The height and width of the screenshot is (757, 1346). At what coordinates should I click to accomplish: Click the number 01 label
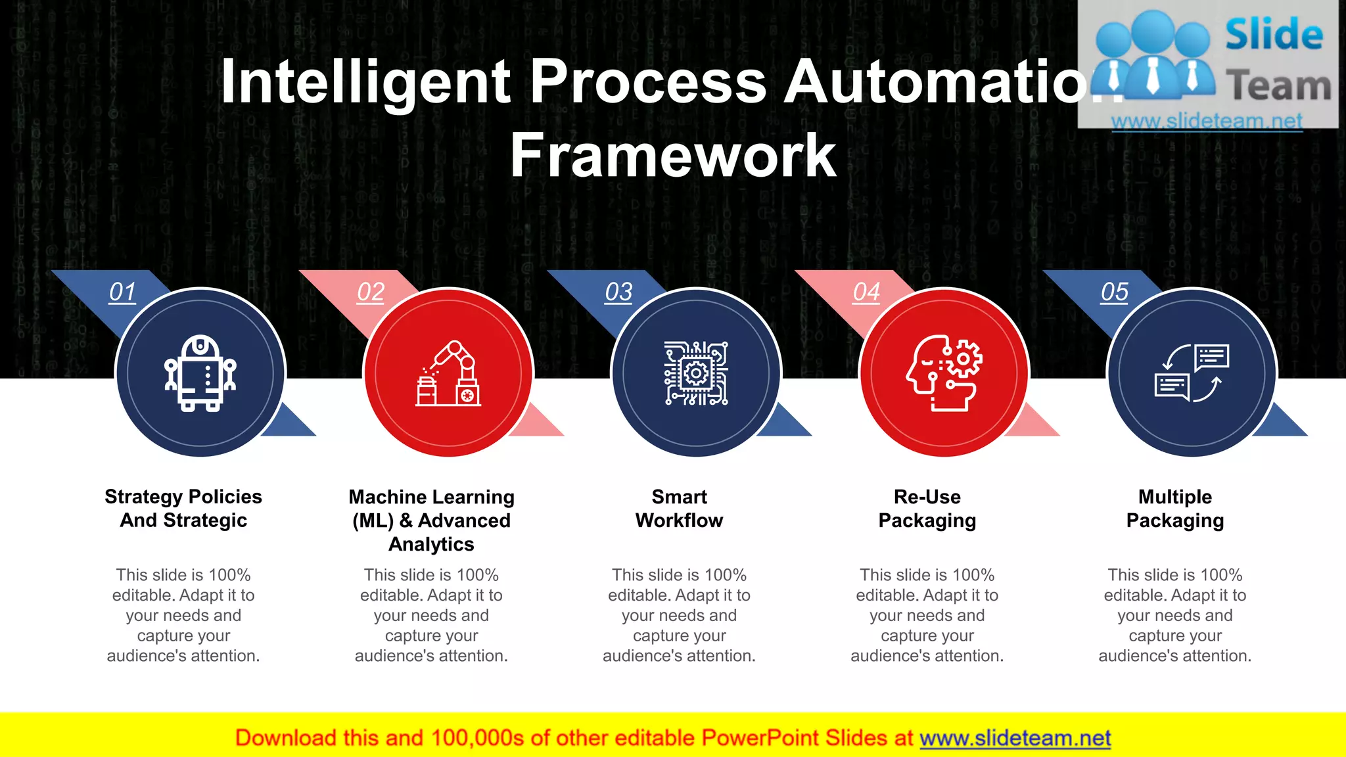point(122,292)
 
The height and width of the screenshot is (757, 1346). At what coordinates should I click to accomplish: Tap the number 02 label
point(371,292)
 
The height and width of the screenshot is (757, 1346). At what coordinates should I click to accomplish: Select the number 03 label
point(618,292)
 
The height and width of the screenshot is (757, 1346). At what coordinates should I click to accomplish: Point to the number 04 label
point(866,292)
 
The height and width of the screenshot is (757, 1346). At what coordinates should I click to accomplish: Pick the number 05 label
point(1115,292)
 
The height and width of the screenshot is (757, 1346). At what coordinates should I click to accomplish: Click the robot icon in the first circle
point(200,373)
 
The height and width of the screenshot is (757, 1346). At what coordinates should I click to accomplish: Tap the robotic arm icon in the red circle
point(448,373)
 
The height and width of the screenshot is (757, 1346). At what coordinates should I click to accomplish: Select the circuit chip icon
point(696,373)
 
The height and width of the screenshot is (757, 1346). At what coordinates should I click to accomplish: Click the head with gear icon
point(944,373)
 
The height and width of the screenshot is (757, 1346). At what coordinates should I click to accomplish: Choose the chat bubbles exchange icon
point(1192,373)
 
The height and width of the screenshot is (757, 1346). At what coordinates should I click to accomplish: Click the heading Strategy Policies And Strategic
point(183,508)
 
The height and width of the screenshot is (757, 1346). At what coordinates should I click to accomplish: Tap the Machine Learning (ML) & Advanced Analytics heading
point(431,520)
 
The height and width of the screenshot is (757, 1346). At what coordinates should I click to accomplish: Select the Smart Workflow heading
point(679,508)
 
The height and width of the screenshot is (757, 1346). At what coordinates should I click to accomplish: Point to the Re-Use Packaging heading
point(927,508)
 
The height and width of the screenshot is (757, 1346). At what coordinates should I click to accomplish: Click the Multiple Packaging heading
point(1175,508)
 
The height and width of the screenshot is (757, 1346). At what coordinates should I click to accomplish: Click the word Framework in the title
point(673,156)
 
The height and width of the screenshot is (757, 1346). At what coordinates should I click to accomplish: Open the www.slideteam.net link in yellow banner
point(1015,738)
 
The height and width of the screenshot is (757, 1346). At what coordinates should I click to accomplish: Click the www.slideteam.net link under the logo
point(1206,121)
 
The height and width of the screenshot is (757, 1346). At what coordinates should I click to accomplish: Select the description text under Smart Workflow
point(679,615)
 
